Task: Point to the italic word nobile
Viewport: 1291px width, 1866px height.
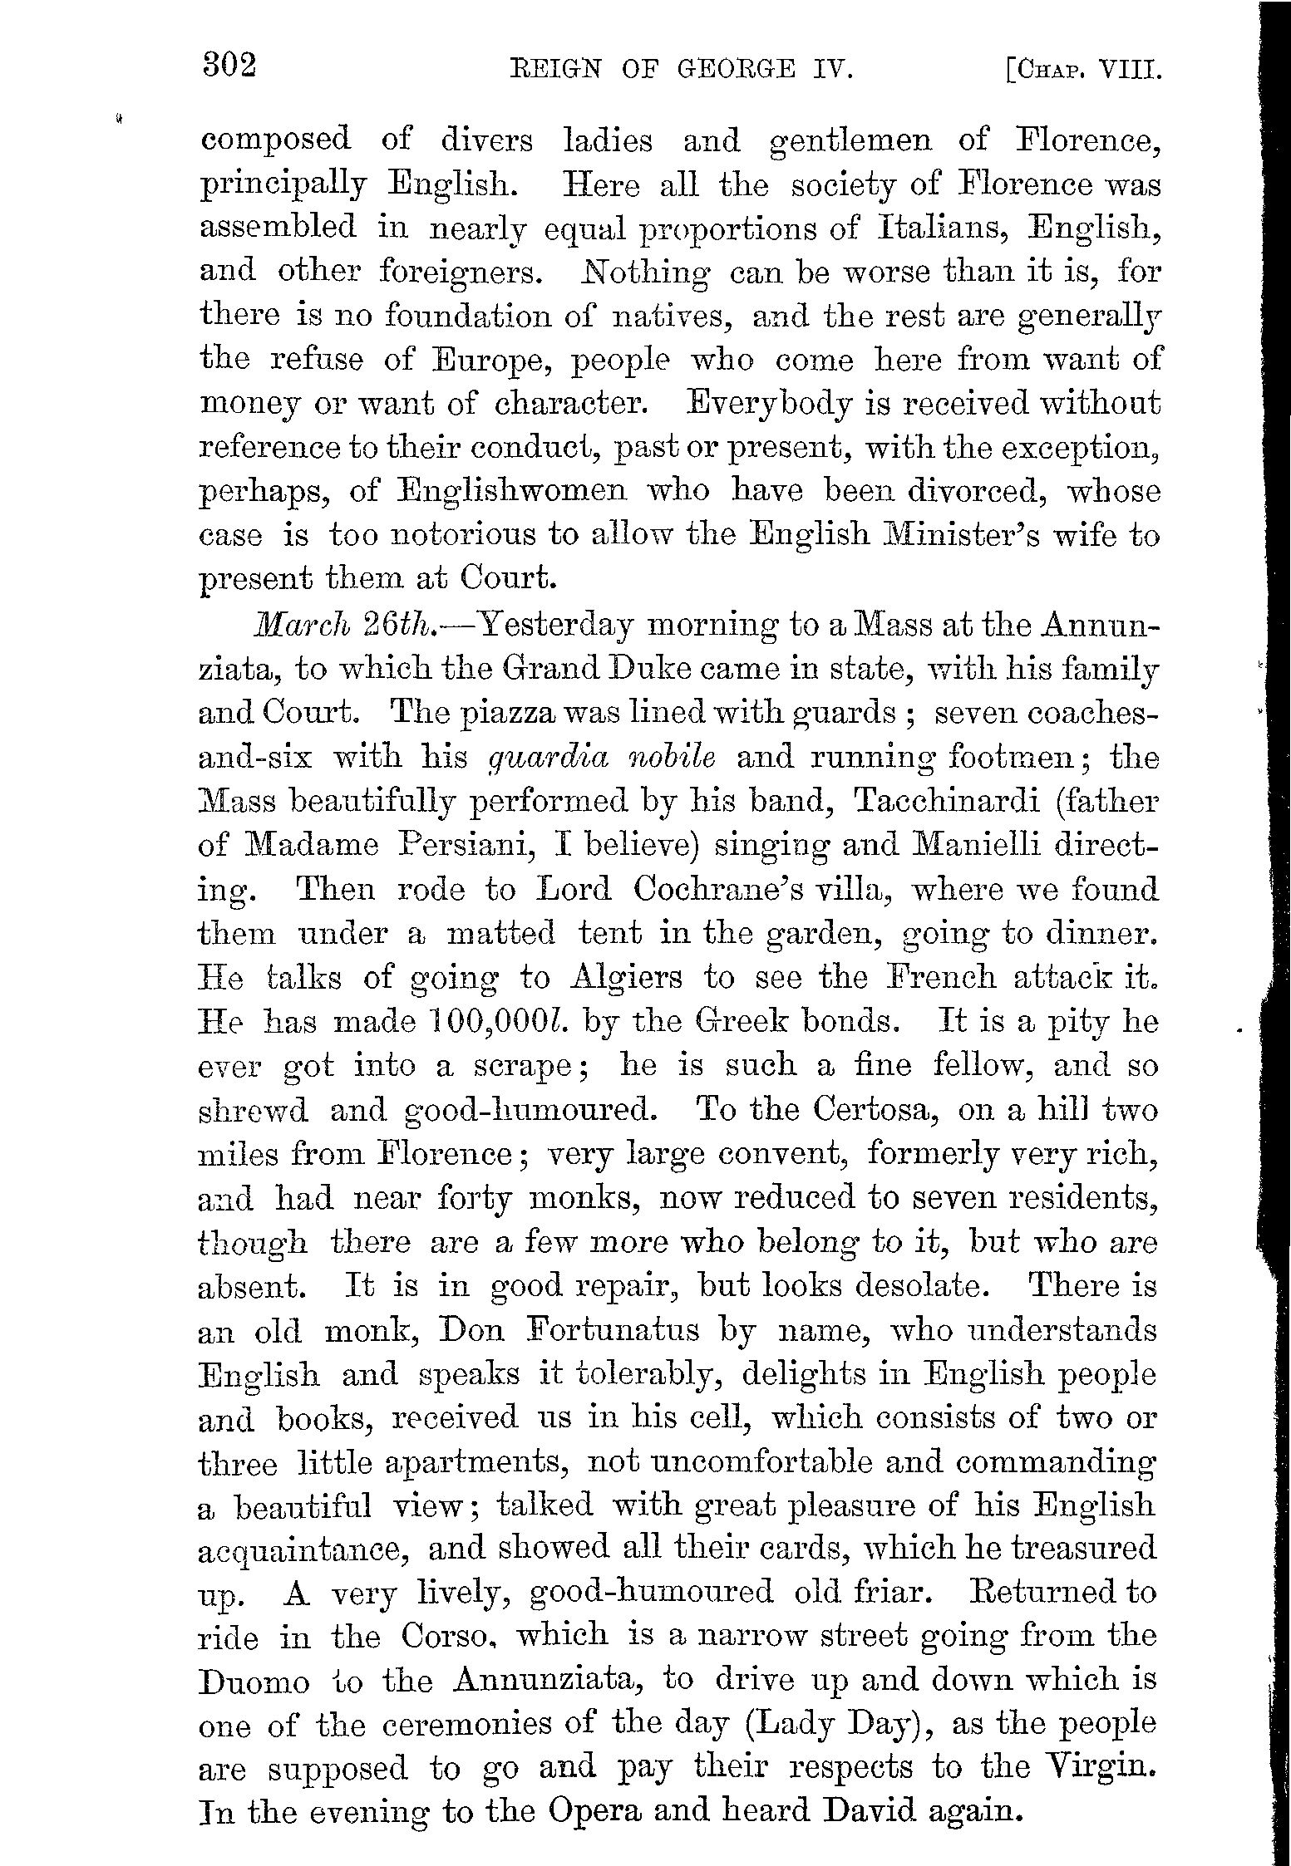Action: pyautogui.click(x=673, y=758)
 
